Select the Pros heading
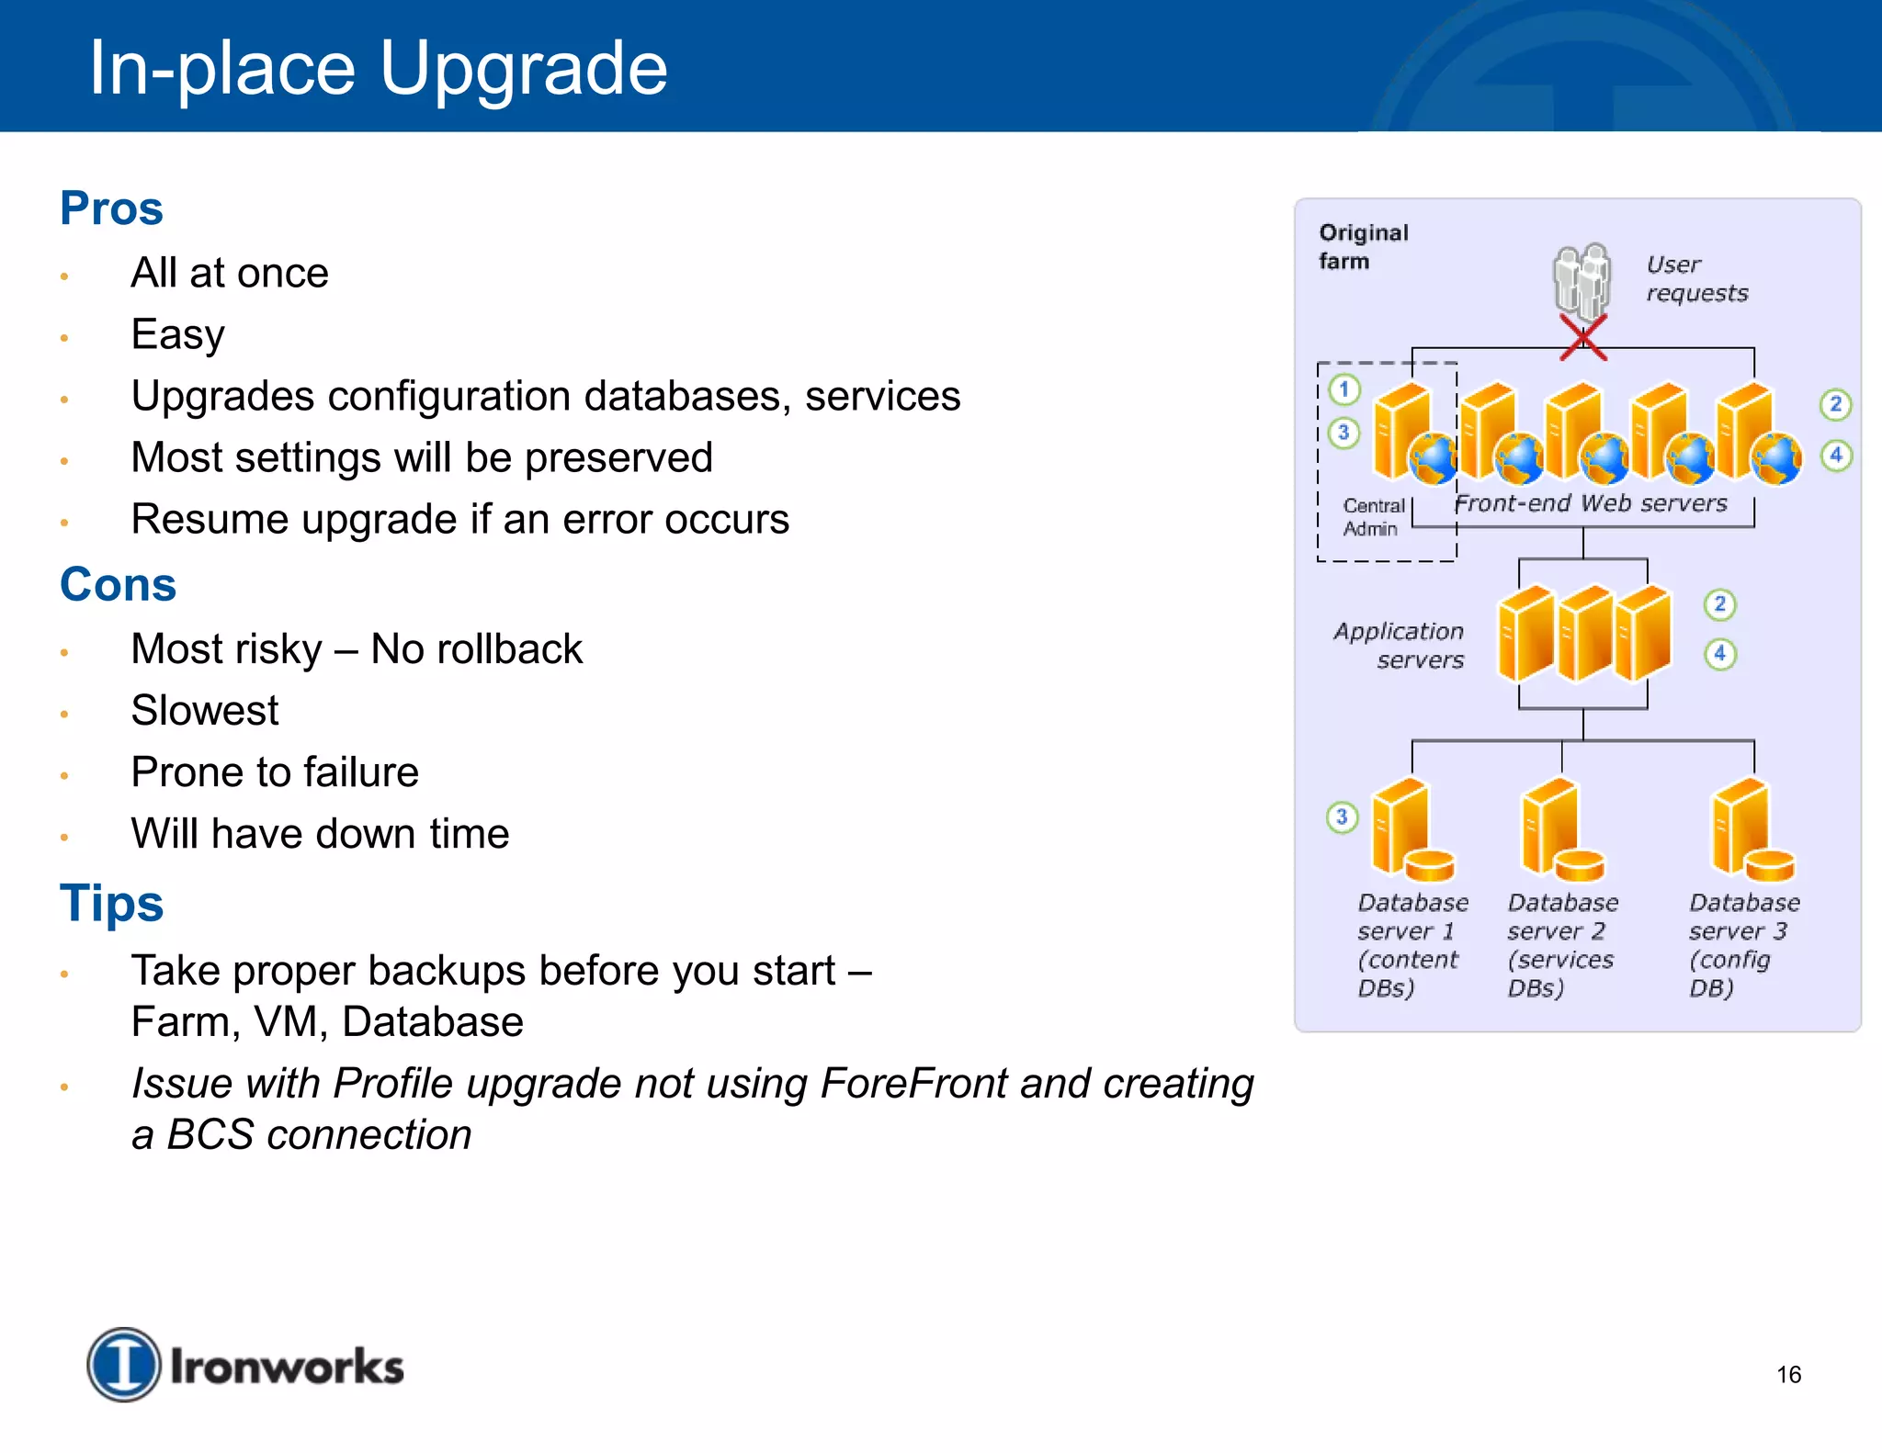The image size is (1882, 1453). [111, 208]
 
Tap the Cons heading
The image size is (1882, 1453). [118, 585]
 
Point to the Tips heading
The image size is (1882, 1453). [111, 904]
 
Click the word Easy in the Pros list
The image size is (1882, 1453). [177, 335]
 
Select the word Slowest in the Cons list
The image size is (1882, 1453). [204, 711]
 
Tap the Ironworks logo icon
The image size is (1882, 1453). [123, 1365]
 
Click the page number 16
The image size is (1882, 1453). [1788, 1375]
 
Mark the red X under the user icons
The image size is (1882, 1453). [1582, 337]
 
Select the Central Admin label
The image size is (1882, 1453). [1373, 517]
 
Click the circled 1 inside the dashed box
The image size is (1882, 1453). [1343, 389]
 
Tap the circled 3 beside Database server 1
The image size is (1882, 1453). [1342, 817]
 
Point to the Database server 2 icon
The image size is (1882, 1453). [1559, 828]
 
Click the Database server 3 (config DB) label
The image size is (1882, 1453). [1741, 945]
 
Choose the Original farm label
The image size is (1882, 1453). [1362, 247]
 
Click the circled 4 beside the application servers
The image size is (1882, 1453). [1720, 654]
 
